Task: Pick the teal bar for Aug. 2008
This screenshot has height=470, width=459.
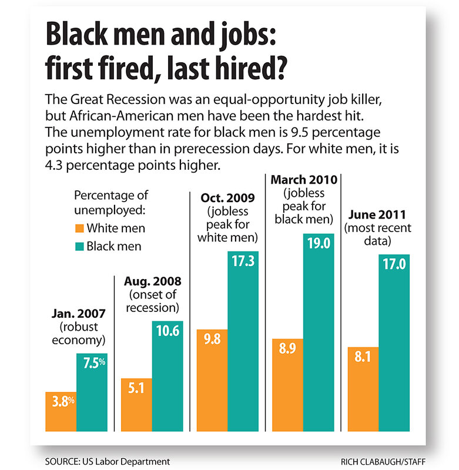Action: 167,375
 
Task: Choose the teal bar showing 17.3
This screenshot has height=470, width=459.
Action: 243,341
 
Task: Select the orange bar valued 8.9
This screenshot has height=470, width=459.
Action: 287,385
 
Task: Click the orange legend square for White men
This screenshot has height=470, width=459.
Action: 80,228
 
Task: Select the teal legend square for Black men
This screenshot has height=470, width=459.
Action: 80,246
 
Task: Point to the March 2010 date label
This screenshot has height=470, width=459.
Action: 301,179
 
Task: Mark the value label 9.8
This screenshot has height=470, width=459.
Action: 212,340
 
